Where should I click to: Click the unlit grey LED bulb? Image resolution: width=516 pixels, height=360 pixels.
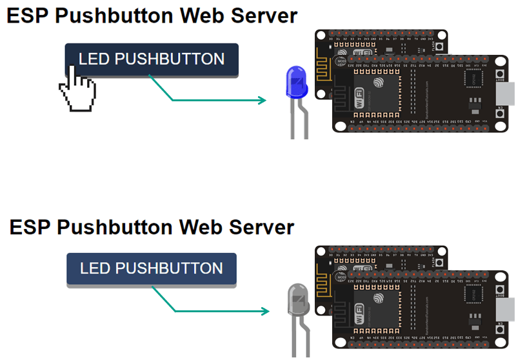pyautogui.click(x=297, y=299)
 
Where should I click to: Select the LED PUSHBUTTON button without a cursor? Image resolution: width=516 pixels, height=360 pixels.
pyautogui.click(x=152, y=268)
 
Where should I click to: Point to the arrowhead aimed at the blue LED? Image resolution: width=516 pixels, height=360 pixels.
pyautogui.click(x=261, y=100)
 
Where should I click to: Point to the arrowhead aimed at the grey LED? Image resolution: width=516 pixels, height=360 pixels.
pyautogui.click(x=264, y=312)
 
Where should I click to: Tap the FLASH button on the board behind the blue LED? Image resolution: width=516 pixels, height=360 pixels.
pyautogui.click(x=440, y=47)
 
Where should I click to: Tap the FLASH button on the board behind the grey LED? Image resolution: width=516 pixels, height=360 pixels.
pyautogui.click(x=440, y=264)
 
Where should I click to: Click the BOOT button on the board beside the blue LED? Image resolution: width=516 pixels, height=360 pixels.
pyautogui.click(x=500, y=76)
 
